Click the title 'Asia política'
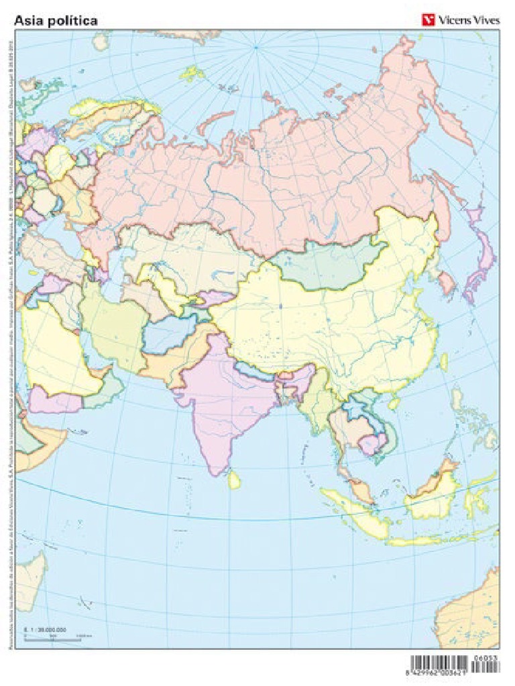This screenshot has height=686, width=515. tap(56, 20)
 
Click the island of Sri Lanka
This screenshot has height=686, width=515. tap(234, 478)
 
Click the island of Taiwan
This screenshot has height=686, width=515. tap(443, 361)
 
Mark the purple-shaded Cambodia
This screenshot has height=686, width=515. tap(371, 443)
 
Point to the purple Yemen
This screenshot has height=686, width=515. tap(54, 401)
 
